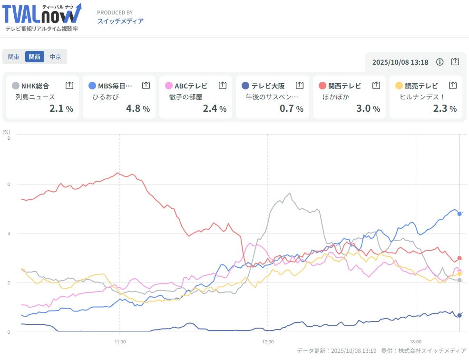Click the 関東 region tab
click(x=14, y=57)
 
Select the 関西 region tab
click(x=34, y=57)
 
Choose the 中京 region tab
click(x=56, y=57)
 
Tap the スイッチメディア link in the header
click(x=120, y=21)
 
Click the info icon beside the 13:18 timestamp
click(x=440, y=62)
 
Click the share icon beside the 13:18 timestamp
click(x=455, y=62)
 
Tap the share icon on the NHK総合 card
click(x=69, y=86)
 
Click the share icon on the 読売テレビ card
click(x=452, y=86)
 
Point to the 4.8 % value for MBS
click(x=138, y=108)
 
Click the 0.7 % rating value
click(x=291, y=108)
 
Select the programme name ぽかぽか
click(x=335, y=97)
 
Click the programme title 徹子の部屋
click(x=186, y=97)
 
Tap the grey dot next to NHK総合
click(x=16, y=86)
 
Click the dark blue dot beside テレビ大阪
click(x=245, y=86)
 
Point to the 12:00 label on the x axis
click(x=268, y=341)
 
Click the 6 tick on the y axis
click(x=9, y=184)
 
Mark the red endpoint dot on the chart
click(x=459, y=258)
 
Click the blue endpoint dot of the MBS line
click(x=459, y=214)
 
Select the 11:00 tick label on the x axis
click(x=120, y=341)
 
